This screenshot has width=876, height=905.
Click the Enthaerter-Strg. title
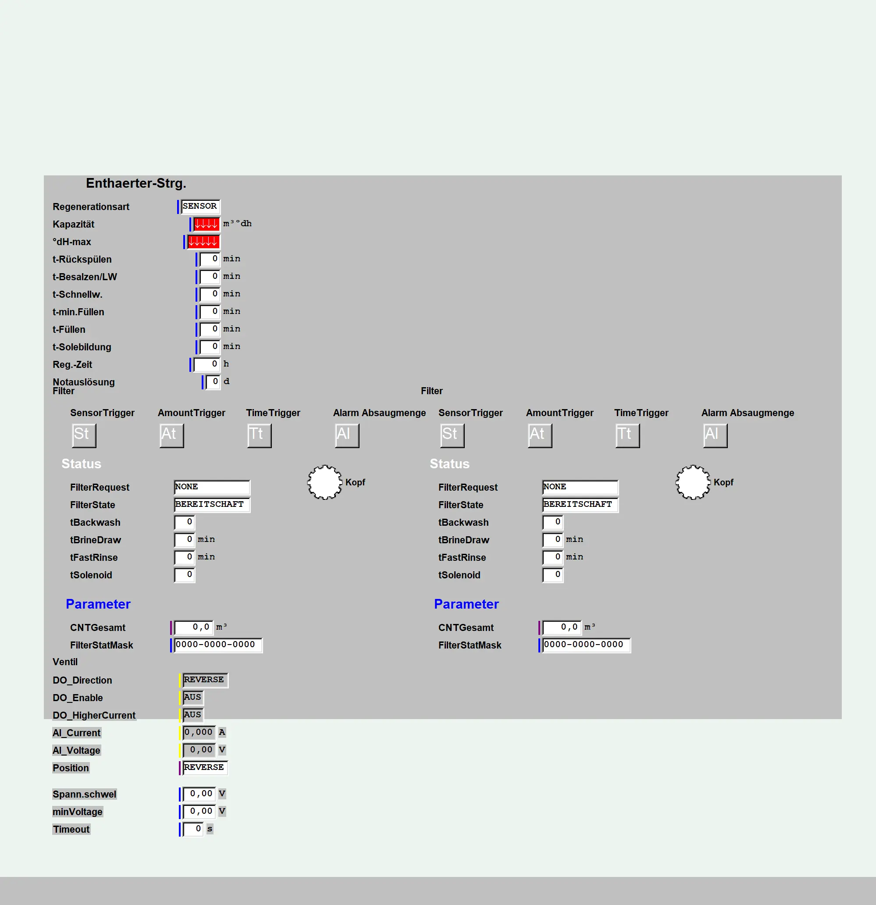136,183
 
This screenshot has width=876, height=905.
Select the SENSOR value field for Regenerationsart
200,207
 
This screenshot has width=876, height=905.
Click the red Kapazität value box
207,224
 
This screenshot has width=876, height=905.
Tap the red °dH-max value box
203,242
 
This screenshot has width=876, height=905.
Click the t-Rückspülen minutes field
210,259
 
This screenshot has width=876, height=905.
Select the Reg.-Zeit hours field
207,364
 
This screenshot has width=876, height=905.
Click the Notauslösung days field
214,382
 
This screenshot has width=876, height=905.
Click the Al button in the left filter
347,435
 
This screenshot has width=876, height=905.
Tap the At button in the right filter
540,435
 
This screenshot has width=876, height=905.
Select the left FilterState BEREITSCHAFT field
212,505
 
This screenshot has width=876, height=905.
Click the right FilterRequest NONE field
580,487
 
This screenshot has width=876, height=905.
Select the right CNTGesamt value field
562,627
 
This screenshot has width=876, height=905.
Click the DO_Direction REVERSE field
205,680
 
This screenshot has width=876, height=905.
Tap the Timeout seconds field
193,829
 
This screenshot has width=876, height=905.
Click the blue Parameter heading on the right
466,604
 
